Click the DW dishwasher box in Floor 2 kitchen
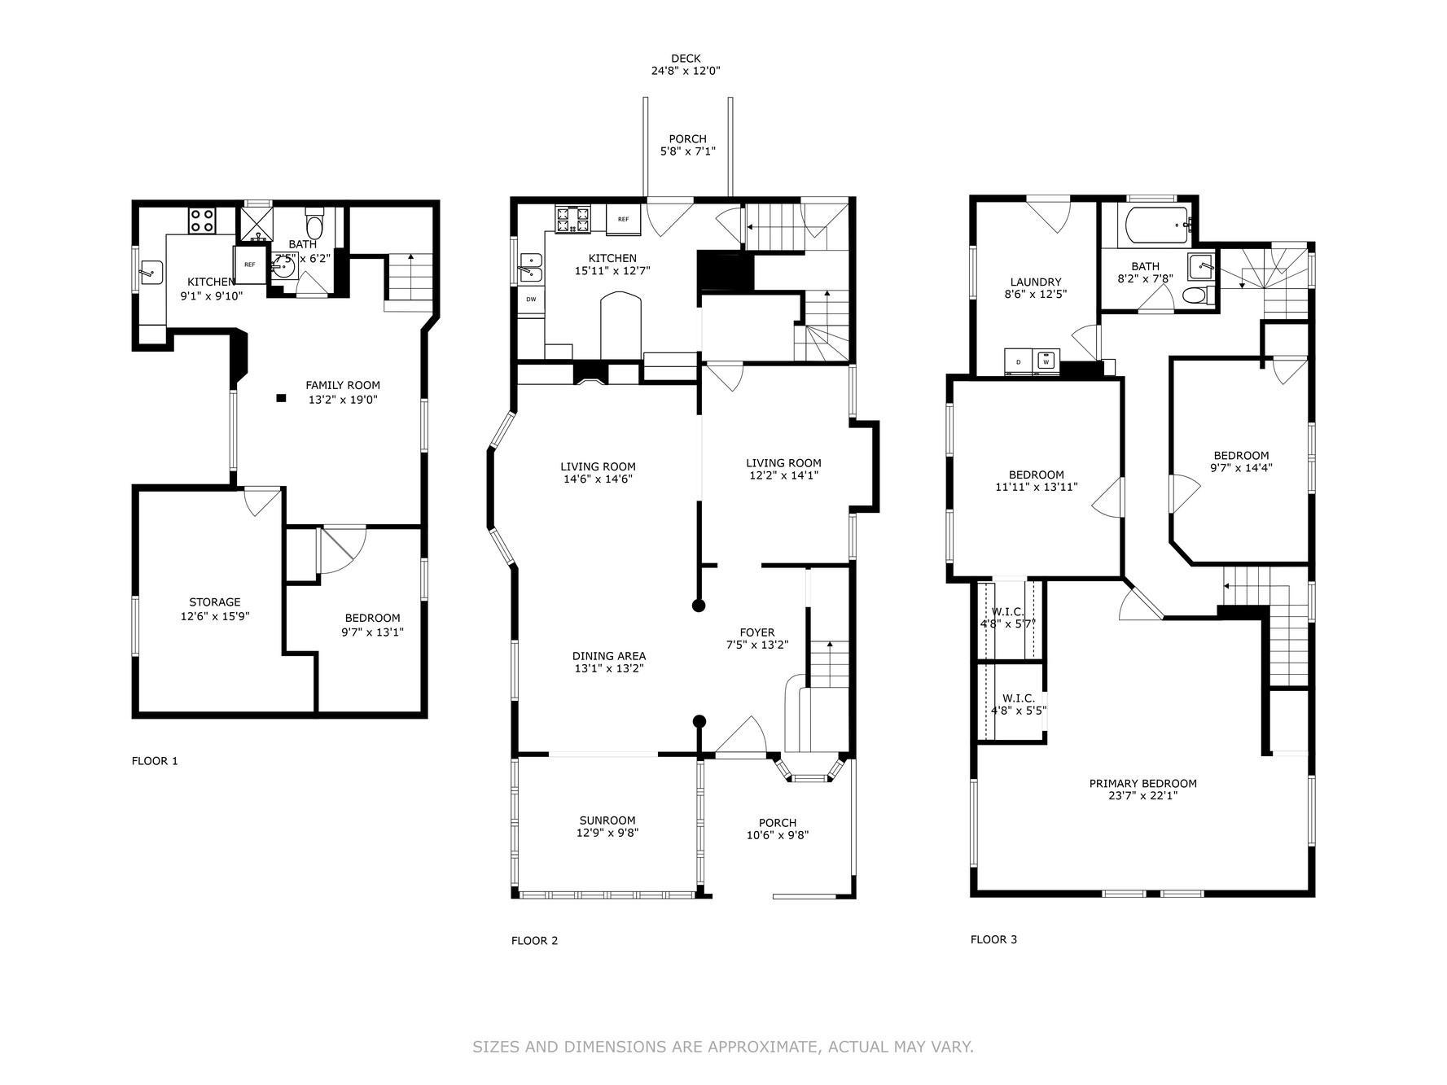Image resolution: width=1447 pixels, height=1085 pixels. [531, 300]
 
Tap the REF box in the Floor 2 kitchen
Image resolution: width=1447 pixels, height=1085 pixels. [623, 219]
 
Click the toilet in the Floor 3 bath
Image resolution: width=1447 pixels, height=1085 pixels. [1194, 295]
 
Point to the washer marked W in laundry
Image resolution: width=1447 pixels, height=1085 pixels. [1047, 360]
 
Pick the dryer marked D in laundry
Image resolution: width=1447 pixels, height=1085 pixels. [1018, 361]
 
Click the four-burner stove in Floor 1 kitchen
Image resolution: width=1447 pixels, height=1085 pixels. [202, 221]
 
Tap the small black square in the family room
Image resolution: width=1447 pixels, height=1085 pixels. [281, 398]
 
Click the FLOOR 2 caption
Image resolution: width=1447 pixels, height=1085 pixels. [534, 940]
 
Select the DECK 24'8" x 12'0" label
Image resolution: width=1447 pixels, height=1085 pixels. [685, 64]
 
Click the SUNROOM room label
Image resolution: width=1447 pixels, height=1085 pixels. [607, 826]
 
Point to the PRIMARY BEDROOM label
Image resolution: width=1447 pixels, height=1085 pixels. [1142, 789]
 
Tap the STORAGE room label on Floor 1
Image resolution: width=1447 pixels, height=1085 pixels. [214, 609]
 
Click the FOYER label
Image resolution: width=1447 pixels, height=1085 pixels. [756, 638]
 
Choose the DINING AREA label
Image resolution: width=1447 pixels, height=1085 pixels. [608, 662]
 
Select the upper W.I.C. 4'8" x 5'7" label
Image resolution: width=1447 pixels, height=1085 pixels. [1007, 618]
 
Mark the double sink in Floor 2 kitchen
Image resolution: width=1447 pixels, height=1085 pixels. [529, 268]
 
